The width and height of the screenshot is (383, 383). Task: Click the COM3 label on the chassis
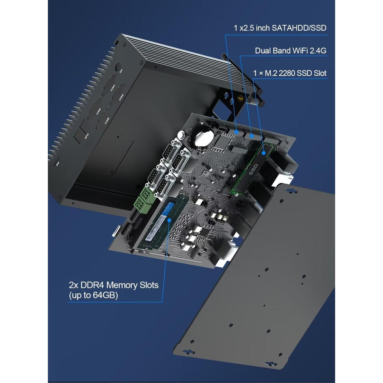[113, 88]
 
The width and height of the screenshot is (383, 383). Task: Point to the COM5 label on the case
[98, 111]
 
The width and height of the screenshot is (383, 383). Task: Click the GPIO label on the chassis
[86, 136]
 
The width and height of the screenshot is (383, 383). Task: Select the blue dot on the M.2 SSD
[263, 153]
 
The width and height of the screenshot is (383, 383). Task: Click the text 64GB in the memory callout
[105, 295]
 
